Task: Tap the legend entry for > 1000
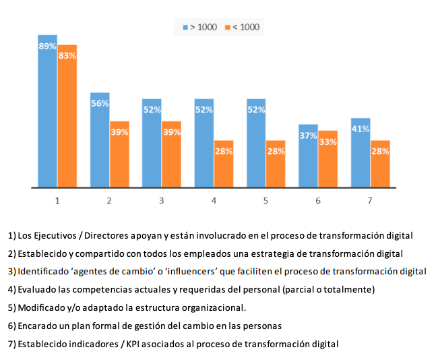pyautogui.click(x=199, y=27)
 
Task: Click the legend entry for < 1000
pyautogui.click(x=241, y=27)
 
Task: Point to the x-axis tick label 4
pyautogui.click(x=214, y=200)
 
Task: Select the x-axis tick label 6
pyautogui.click(x=317, y=200)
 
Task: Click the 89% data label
pyautogui.click(x=47, y=46)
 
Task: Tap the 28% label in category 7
pyautogui.click(x=380, y=151)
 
